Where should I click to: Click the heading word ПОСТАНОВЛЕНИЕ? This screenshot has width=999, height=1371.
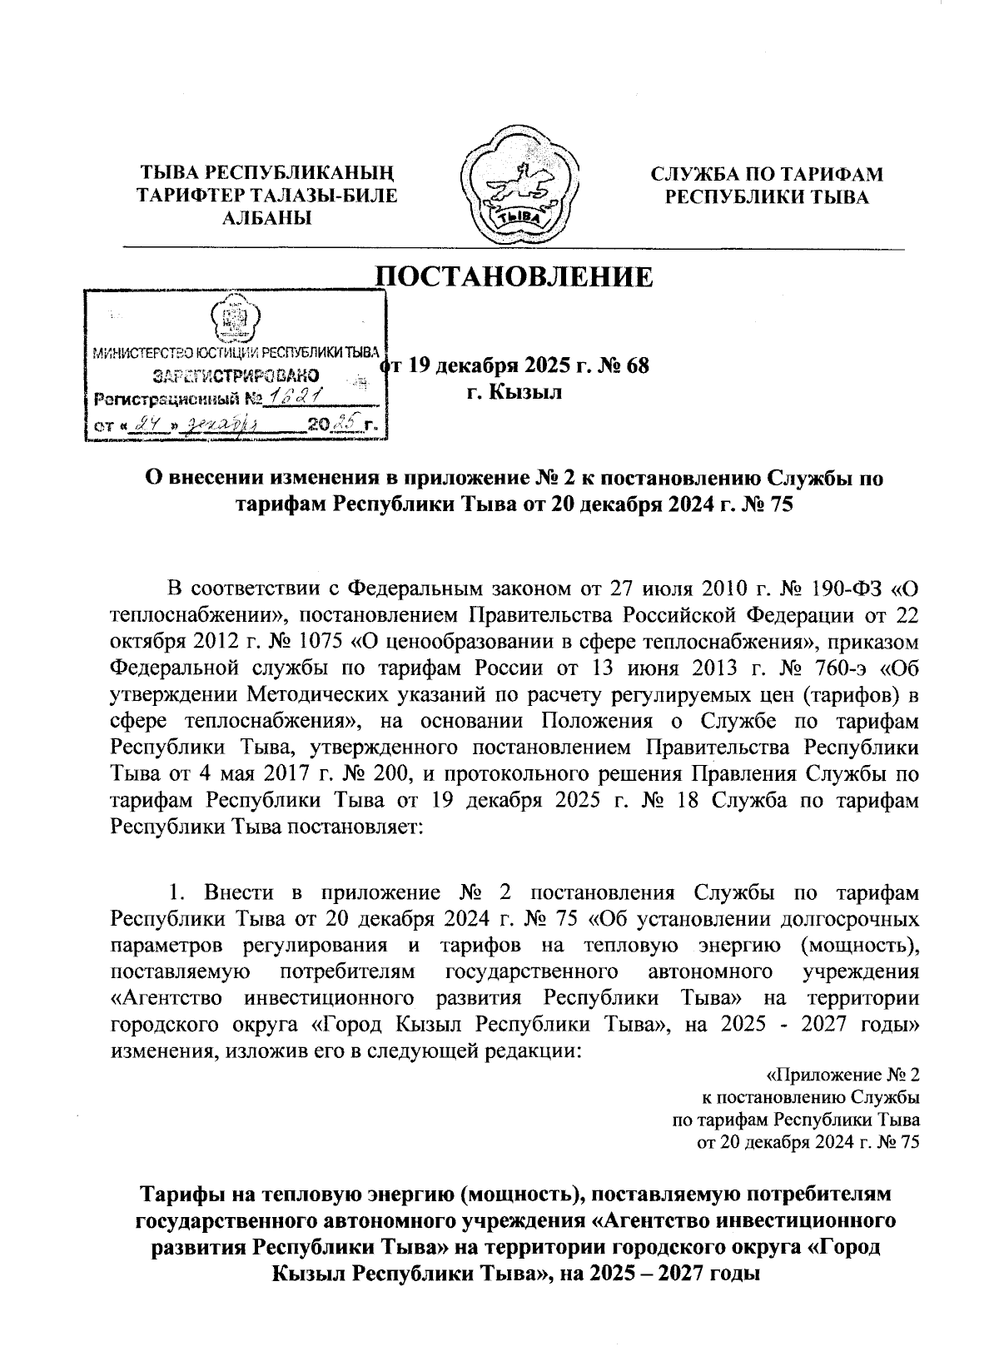click(x=516, y=276)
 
